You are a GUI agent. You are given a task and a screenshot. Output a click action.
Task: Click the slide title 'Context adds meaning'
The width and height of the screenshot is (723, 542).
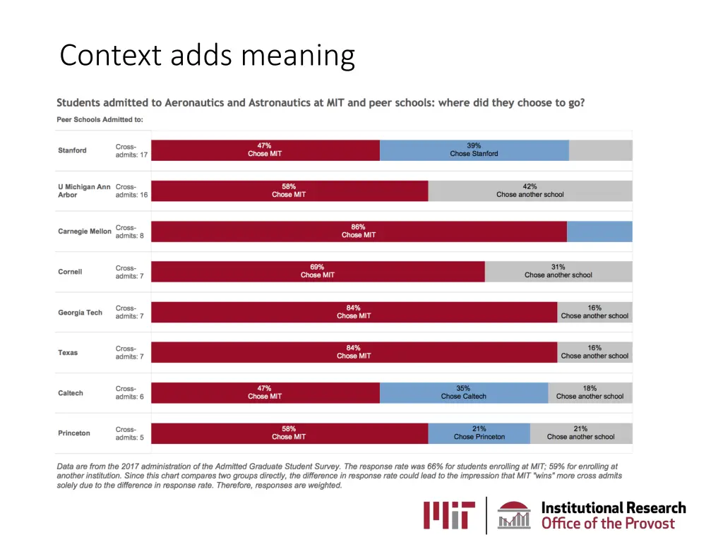pyautogui.click(x=207, y=55)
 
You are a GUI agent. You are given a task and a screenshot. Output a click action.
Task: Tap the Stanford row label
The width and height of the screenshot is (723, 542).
pyautogui.click(x=73, y=150)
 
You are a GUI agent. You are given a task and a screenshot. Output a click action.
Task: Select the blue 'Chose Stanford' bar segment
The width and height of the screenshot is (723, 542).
pyautogui.click(x=474, y=150)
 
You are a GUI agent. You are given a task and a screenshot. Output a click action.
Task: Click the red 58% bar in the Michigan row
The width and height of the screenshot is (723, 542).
pyautogui.click(x=289, y=191)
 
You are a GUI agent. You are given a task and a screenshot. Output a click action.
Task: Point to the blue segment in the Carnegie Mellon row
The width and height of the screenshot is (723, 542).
pyautogui.click(x=599, y=231)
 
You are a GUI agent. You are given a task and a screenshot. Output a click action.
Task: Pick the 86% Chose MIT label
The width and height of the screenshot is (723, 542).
pyautogui.click(x=359, y=231)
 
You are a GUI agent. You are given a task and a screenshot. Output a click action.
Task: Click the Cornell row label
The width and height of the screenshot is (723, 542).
pyautogui.click(x=71, y=272)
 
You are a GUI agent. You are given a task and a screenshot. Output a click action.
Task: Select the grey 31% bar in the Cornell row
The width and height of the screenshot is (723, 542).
pyautogui.click(x=558, y=272)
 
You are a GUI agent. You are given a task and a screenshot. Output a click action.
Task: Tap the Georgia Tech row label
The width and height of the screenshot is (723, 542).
pyautogui.click(x=80, y=313)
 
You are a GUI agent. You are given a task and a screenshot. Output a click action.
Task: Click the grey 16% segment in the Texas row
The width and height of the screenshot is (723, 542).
pyautogui.click(x=594, y=352)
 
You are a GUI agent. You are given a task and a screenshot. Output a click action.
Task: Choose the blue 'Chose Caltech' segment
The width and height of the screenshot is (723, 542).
pyautogui.click(x=463, y=392)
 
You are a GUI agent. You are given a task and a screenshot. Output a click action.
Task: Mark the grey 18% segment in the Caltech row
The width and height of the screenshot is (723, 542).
pyautogui.click(x=590, y=392)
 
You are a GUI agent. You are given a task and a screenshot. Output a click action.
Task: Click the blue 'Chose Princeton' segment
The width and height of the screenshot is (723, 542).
pyautogui.click(x=479, y=433)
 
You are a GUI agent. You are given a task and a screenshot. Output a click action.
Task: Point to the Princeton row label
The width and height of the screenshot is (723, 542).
pyautogui.click(x=74, y=433)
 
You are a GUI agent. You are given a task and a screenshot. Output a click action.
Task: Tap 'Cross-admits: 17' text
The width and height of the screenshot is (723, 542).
pyautogui.click(x=131, y=151)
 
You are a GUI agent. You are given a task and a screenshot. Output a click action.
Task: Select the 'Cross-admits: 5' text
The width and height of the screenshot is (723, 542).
pyautogui.click(x=130, y=433)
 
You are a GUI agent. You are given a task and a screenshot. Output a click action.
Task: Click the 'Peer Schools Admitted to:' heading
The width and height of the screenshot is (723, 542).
pyautogui.click(x=100, y=119)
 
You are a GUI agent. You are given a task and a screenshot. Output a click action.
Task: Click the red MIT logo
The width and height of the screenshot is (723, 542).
pyautogui.click(x=449, y=514)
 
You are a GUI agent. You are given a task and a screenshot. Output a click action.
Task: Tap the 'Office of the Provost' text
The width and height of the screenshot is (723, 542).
pyautogui.click(x=608, y=524)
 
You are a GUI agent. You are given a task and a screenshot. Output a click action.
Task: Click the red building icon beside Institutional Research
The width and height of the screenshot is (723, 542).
pyautogui.click(x=514, y=514)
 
